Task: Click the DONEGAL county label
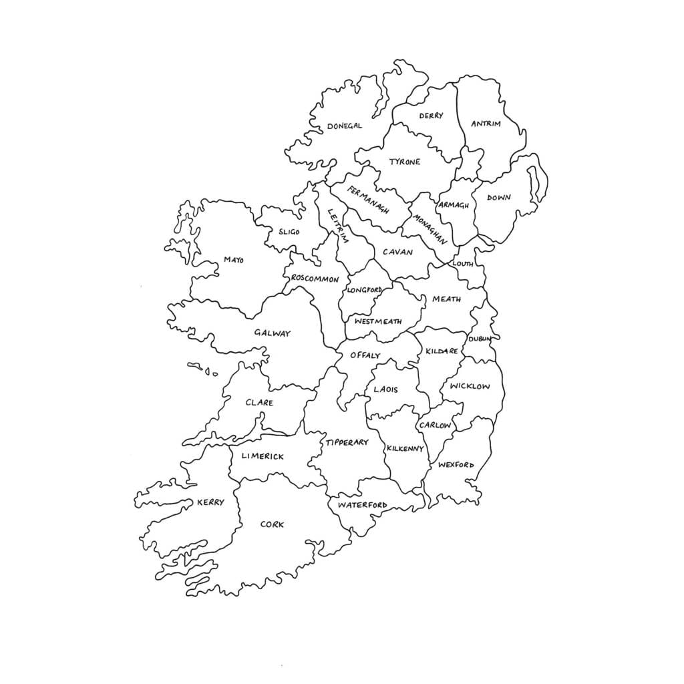[x=344, y=126]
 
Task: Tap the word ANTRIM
[x=486, y=124]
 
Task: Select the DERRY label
[x=431, y=116]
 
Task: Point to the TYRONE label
[x=405, y=162]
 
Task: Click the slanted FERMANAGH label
[x=367, y=200]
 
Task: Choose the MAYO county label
[x=234, y=259]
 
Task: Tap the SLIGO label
[x=289, y=232]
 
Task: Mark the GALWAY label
[x=272, y=333]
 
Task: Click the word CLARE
[x=259, y=403]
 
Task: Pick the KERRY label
[x=210, y=502]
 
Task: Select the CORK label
[x=272, y=524]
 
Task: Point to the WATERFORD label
[x=362, y=505]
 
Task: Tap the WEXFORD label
[x=456, y=465]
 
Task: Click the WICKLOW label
[x=470, y=386]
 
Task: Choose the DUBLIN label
[x=480, y=339]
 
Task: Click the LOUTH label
[x=462, y=264]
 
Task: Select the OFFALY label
[x=365, y=355]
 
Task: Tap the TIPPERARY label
[x=347, y=442]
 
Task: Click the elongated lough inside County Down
[x=534, y=183]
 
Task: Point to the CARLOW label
[x=435, y=425]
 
